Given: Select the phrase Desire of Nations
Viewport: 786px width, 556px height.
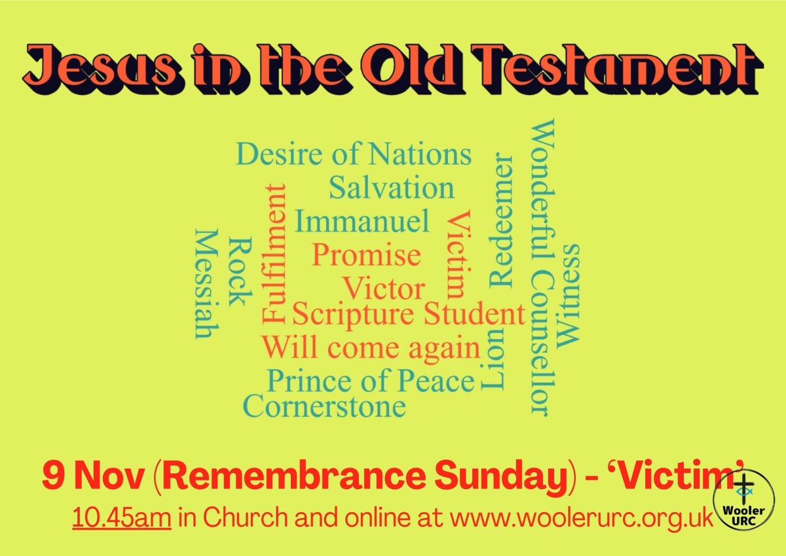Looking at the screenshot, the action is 354,154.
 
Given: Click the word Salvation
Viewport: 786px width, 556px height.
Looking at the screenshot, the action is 392,188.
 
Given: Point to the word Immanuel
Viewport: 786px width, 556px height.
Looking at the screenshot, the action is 362,221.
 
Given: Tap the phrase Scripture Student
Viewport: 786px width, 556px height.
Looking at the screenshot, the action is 409,314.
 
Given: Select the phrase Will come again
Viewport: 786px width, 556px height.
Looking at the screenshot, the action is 371,347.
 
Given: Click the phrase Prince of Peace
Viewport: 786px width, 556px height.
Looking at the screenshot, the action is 371,382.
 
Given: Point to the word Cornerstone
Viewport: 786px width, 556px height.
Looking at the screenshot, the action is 325,407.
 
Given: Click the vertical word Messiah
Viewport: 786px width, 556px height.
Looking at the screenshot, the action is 207,284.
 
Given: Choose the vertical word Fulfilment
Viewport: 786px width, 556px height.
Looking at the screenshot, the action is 274,254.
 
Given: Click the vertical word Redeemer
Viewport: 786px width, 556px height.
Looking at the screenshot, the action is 501,220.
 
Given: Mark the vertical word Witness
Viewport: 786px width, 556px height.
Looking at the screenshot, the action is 568,296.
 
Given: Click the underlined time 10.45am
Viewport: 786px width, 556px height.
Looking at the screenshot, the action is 122,518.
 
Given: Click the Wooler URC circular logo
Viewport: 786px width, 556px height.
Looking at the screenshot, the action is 744,500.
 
